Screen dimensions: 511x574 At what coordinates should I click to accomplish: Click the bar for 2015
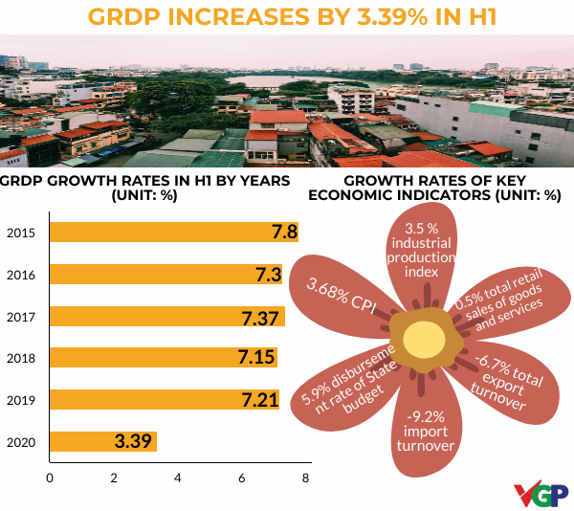(172, 233)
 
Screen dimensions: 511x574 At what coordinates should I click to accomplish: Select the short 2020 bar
(101, 442)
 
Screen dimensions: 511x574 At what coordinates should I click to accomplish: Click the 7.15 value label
(255, 358)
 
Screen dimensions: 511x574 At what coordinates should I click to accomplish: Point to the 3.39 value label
(134, 442)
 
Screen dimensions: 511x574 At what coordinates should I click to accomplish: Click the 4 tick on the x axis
(178, 478)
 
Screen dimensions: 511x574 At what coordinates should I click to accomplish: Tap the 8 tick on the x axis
(306, 478)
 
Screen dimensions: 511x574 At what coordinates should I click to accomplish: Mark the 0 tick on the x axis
(49, 478)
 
